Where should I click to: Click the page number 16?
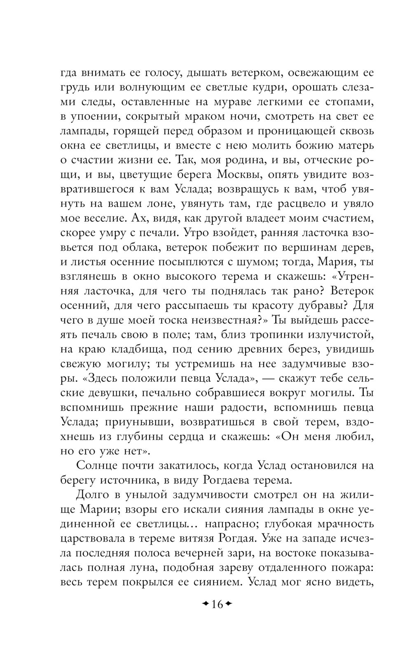click(217, 604)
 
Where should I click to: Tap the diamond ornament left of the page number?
click(205, 604)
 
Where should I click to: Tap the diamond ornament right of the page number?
click(229, 604)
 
